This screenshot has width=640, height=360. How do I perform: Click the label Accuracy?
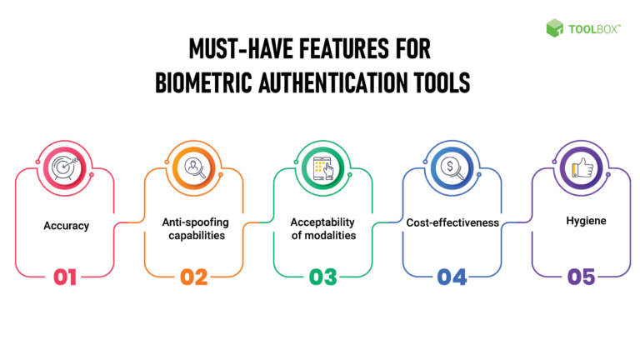(x=64, y=226)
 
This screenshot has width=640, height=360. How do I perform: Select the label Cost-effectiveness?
(x=451, y=222)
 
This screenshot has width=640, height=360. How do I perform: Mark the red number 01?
(x=65, y=277)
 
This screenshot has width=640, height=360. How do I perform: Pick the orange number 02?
(x=193, y=277)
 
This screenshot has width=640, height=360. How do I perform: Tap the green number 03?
(x=322, y=277)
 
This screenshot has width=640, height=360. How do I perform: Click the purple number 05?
(x=580, y=277)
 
